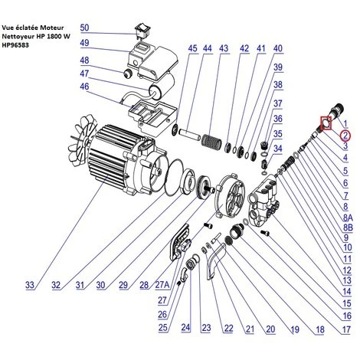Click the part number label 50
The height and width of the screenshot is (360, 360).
[84, 28]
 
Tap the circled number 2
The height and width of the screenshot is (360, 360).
[345, 136]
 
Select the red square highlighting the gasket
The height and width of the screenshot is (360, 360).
[326, 123]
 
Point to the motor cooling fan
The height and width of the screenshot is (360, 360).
[82, 140]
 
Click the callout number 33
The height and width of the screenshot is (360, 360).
[30, 285]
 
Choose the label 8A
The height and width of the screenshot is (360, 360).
[348, 218]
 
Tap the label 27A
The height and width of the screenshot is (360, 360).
[162, 285]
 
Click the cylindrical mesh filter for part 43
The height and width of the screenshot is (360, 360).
[209, 140]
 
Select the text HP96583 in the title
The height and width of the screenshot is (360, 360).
[15, 45]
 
